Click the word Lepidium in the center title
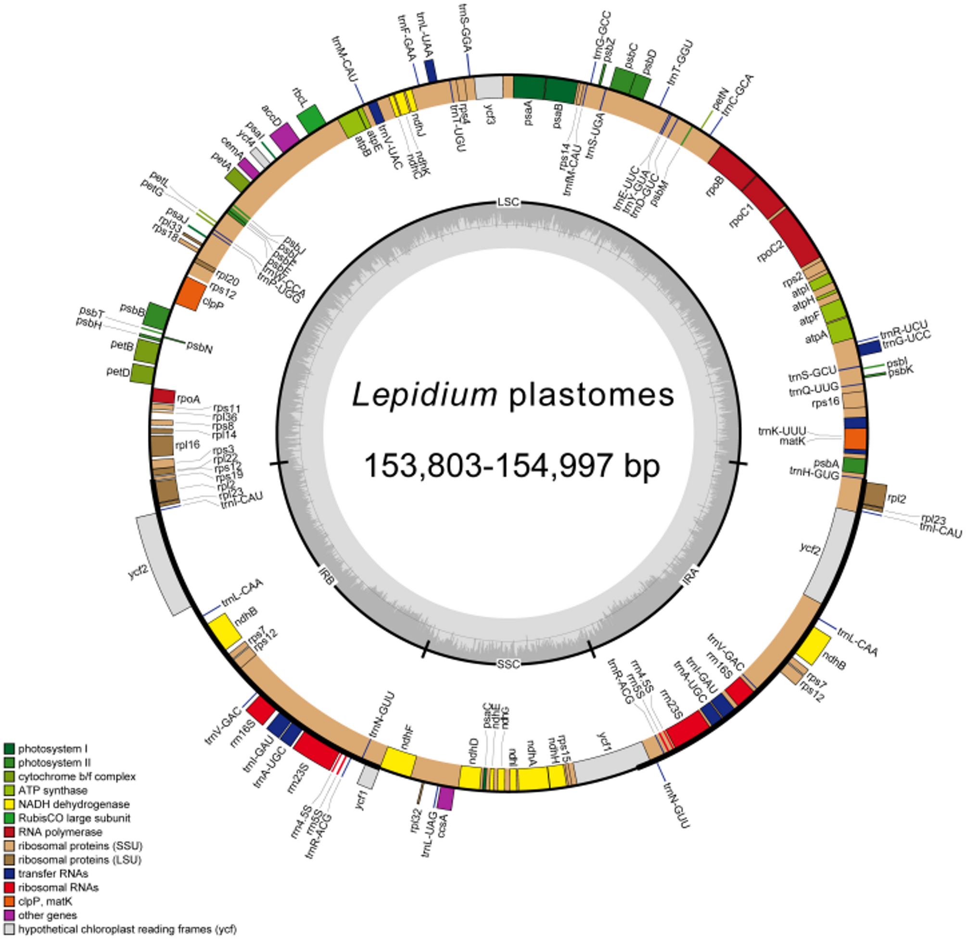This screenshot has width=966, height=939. pos(424,396)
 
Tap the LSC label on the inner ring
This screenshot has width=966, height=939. pos(508,202)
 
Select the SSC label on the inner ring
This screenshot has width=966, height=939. pos(508,664)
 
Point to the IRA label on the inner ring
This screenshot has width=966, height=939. pos(690,576)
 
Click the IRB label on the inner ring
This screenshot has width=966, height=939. pos(327,576)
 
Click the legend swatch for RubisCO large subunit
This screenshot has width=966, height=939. pos(9,818)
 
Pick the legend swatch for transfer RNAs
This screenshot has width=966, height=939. pos(9,874)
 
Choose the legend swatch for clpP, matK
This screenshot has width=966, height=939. pos(9,901)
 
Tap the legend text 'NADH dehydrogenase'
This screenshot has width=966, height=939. pos(74,804)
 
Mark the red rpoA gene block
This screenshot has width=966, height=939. pos(163,396)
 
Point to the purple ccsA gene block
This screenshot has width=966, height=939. pos(446,798)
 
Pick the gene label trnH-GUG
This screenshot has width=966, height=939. pos(814,475)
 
